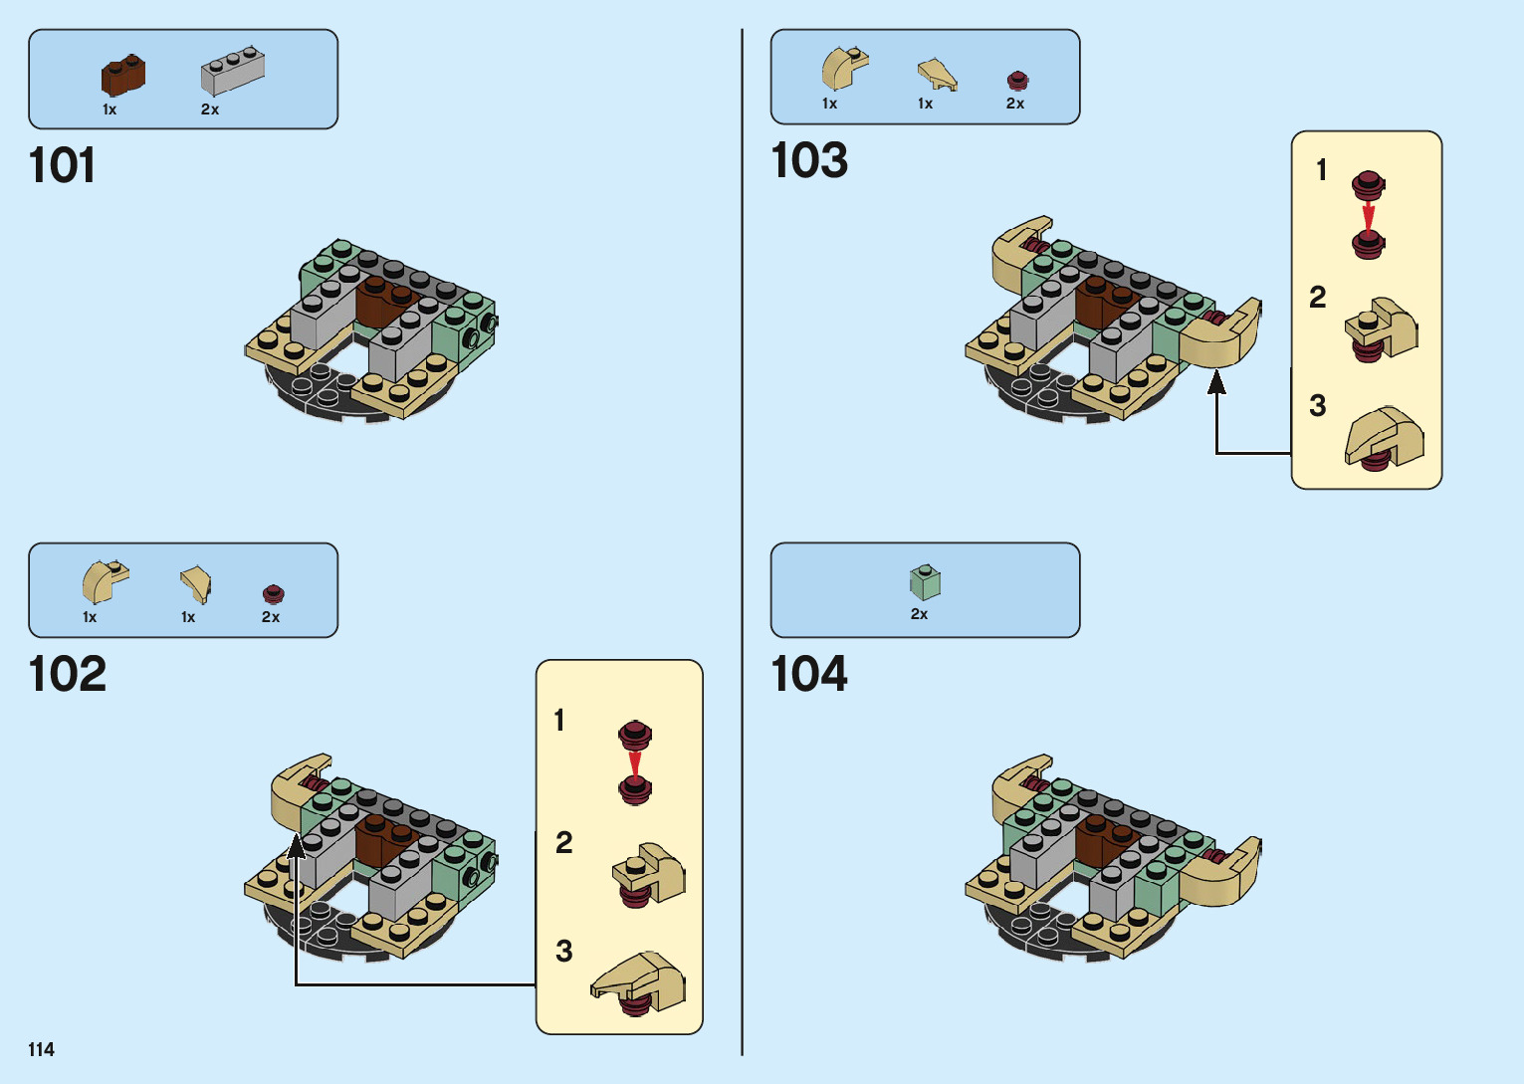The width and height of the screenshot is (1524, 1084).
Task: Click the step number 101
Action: (x=62, y=165)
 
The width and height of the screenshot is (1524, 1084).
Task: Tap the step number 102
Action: (x=67, y=675)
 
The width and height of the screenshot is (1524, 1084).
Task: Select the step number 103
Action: (x=809, y=161)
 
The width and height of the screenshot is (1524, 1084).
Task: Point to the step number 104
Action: (x=809, y=675)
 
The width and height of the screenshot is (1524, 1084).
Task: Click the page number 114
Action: (x=41, y=1049)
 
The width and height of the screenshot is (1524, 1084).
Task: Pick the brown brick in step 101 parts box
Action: (x=122, y=76)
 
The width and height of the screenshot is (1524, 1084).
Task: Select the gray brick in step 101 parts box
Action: (x=232, y=72)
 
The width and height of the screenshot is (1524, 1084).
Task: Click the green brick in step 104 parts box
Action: (x=925, y=582)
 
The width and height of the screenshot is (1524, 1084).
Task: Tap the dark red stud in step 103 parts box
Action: (x=1016, y=81)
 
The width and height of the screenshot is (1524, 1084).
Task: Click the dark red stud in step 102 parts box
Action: (x=273, y=594)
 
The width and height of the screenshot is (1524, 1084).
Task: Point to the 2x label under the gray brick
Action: (x=210, y=109)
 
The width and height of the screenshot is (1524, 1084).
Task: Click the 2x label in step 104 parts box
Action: (x=919, y=614)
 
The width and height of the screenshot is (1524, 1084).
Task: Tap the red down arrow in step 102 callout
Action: (x=635, y=763)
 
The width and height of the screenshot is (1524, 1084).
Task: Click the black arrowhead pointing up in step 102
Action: (x=296, y=846)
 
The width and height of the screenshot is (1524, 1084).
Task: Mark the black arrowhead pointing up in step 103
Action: (x=1216, y=382)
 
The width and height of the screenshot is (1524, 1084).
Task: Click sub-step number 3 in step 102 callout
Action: (x=564, y=952)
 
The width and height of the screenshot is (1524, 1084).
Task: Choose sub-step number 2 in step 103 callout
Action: (x=1318, y=298)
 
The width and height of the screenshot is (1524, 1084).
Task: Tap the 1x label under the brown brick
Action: (x=109, y=109)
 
